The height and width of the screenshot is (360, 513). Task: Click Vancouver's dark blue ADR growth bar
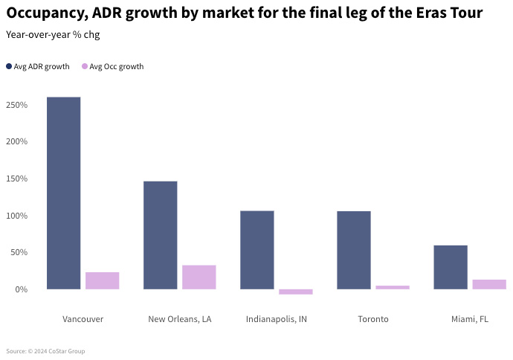point(63,193)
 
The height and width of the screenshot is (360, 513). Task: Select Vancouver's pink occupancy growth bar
point(102,280)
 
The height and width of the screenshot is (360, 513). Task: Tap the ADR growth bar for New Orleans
point(160,235)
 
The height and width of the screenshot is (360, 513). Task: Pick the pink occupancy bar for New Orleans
point(199,277)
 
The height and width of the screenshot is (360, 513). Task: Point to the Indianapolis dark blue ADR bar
point(256,250)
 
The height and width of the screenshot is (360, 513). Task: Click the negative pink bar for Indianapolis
point(295,292)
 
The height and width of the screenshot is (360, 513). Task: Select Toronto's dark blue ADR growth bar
point(353,250)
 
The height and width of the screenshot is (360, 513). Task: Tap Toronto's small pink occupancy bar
point(392,287)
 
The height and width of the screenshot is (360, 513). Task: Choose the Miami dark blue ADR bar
point(450,267)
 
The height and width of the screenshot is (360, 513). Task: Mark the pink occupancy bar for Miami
point(488,284)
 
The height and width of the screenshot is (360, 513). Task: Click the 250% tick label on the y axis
point(16,105)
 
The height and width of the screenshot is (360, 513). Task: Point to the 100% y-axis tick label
point(16,216)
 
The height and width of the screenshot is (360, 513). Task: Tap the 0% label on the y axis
point(20,289)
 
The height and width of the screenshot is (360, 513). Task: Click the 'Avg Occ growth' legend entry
point(112,67)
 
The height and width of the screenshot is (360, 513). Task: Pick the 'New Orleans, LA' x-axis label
point(180,319)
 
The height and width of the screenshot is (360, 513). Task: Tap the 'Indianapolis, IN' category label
point(276,319)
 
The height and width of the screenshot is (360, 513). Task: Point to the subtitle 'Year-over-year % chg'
point(52,35)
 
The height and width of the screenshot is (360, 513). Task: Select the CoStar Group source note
point(45,351)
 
